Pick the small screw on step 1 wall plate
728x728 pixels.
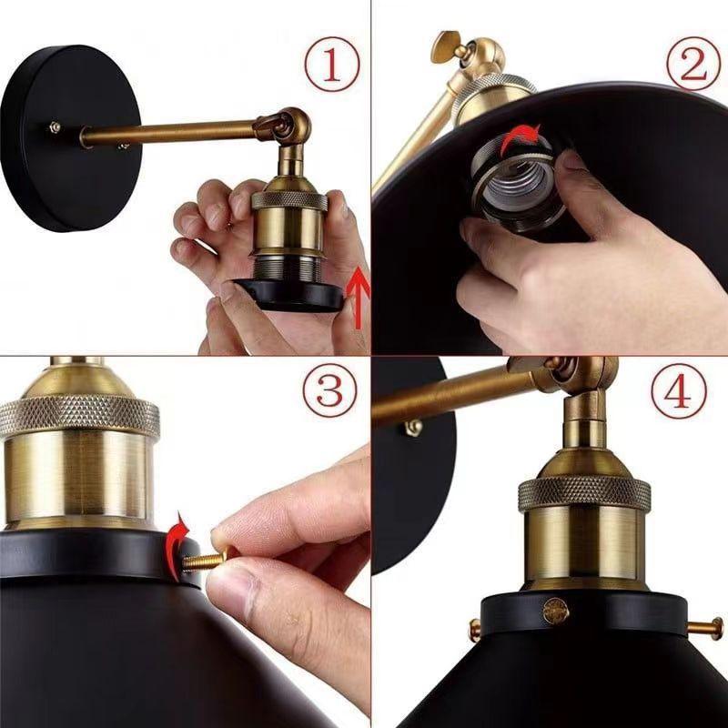pos(56,128)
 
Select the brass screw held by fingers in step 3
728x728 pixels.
pos(206,561)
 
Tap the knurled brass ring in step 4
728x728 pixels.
pos(584,492)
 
